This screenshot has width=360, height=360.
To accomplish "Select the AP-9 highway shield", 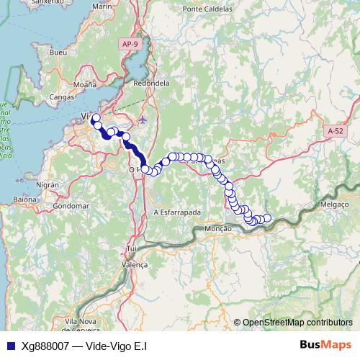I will pos(130,45).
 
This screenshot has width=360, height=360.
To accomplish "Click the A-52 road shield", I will pos(335,131).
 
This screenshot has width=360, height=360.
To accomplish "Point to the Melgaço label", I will pos(333,204).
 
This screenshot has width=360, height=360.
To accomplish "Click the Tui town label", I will pos(131,248).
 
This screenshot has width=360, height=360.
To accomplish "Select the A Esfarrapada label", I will pos(176,212).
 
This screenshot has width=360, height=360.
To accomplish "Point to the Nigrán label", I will pos(48,184).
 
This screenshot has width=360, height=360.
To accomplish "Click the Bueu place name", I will pos(58,53).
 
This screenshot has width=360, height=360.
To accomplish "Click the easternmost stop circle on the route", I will pos(267,218).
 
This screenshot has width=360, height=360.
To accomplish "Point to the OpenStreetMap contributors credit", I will pos(292,322).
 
